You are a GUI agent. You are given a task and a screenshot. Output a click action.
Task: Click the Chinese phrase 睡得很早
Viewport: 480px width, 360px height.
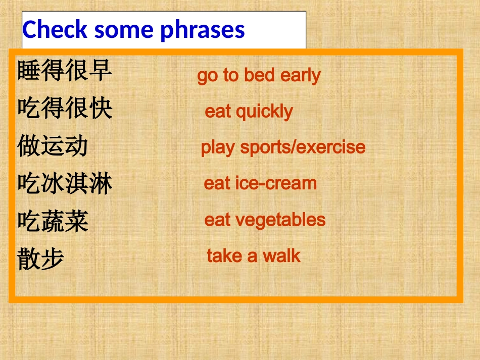click(x=65, y=71)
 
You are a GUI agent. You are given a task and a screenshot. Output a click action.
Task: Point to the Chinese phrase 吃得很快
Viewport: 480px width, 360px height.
click(x=65, y=108)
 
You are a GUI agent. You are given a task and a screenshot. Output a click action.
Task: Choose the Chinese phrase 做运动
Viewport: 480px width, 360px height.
click(x=53, y=146)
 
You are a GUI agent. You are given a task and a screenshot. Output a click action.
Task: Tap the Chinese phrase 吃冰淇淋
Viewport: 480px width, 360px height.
click(x=65, y=183)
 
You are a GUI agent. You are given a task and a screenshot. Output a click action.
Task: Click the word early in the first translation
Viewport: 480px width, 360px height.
click(x=301, y=76)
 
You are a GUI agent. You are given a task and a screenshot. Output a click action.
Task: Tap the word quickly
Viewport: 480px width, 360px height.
click(x=264, y=112)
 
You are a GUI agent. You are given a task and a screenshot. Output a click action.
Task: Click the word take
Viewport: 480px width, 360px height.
click(x=224, y=255)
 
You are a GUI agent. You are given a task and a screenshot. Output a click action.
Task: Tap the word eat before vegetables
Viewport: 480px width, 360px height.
click(x=217, y=220)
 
